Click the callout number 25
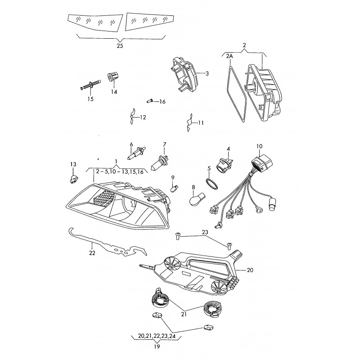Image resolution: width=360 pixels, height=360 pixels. (x=119, y=45)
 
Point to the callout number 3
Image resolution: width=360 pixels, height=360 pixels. (x=207, y=73)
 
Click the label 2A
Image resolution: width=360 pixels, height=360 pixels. (x=229, y=56)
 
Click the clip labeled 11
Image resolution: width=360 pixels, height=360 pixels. (x=190, y=122)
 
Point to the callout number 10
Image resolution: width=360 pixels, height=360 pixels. (x=259, y=146)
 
